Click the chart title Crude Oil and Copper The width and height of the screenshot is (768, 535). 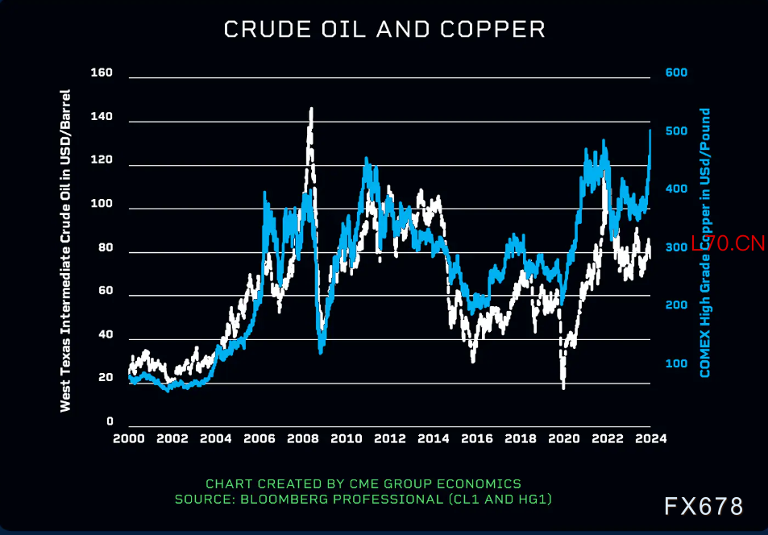click(x=384, y=30)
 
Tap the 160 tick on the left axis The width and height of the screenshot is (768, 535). click(x=102, y=73)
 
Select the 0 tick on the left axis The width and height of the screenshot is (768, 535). click(x=110, y=421)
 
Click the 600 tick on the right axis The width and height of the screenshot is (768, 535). click(x=676, y=73)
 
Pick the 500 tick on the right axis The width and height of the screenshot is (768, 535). click(x=676, y=131)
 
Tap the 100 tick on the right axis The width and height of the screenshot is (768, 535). click(x=676, y=364)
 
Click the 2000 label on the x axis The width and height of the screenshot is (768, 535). click(x=129, y=439)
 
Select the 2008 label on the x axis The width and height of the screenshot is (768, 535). click(x=302, y=439)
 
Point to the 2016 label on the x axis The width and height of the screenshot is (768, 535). click(x=476, y=439)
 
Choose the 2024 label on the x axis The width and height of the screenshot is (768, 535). click(x=650, y=439)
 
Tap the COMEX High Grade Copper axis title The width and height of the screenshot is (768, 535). click(x=705, y=242)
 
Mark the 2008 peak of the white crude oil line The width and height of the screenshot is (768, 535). click(x=311, y=109)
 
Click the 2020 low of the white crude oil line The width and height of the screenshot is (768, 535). click(x=563, y=388)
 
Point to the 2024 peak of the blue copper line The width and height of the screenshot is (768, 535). click(x=650, y=130)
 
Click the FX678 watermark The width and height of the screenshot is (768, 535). click(x=704, y=506)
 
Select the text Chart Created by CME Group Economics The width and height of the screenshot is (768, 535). click(x=363, y=483)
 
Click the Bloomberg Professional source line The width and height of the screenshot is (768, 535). click(x=363, y=500)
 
